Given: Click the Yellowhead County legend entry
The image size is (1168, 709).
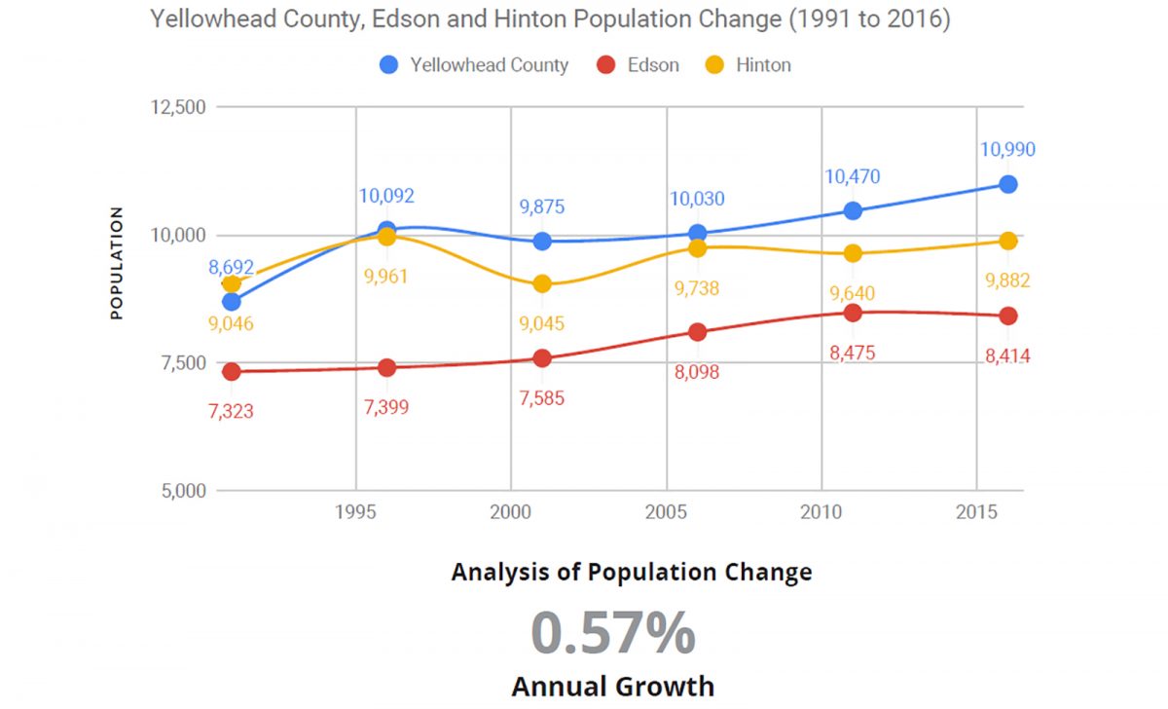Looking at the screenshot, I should (475, 65).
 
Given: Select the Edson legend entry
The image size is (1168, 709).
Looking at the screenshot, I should (639, 65).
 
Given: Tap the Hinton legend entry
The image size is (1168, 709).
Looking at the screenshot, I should (749, 65).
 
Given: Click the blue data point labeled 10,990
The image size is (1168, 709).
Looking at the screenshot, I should (1008, 184).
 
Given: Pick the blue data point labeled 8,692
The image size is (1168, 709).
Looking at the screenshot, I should (231, 302).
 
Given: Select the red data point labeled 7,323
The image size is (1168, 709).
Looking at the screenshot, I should (231, 372).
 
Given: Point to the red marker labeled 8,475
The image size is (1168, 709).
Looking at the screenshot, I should (853, 313).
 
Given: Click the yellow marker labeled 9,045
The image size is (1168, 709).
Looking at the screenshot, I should (542, 283).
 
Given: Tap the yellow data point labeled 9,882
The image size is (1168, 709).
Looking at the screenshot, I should (1008, 241).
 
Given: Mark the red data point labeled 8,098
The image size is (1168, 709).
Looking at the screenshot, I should (697, 332).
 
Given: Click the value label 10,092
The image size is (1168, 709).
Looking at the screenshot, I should (386, 196).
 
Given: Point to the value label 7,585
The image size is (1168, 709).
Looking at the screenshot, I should (542, 397).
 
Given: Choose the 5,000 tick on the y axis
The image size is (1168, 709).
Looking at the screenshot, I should (184, 491).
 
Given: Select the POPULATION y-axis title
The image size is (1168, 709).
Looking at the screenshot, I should (117, 263).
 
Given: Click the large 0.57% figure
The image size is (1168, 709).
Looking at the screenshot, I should (613, 632).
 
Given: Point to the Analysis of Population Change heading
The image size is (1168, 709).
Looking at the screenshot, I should (631, 572).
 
